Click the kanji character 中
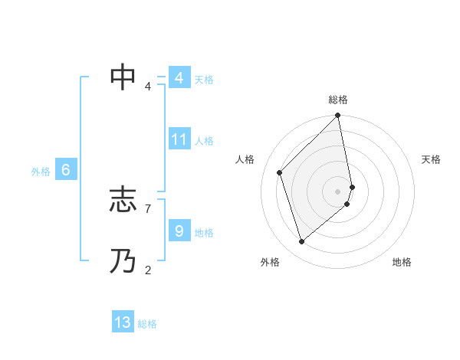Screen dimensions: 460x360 (123, 77)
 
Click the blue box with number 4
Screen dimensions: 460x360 (179, 78)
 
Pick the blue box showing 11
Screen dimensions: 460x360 (179, 139)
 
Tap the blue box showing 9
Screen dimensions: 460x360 (179, 231)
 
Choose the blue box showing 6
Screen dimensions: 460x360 (66, 170)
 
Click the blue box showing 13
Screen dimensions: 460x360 (123, 322)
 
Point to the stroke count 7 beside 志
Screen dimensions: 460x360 (147, 208)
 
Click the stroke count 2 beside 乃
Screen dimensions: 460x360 (147, 269)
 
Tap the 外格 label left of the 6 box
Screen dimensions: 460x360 (41, 172)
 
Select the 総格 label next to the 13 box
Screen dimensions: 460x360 (147, 324)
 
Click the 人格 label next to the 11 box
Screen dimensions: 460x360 (204, 141)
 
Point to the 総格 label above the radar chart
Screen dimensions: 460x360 (338, 100)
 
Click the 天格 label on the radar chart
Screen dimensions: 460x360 (432, 159)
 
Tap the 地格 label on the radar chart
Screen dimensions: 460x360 (402, 262)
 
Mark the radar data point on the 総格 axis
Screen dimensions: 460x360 (338, 116)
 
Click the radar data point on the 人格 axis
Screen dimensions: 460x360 (280, 172)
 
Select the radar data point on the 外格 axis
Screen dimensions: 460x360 (302, 241)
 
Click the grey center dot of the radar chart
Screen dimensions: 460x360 (338, 191)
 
